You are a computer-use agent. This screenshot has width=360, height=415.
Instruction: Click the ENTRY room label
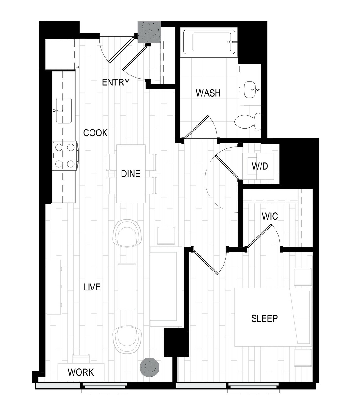coord(116,82)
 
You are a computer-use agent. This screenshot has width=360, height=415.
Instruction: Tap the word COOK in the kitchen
coord(95,133)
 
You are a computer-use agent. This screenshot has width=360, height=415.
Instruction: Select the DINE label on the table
coord(131,174)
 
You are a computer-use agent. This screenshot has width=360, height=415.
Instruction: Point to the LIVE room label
coord(92,287)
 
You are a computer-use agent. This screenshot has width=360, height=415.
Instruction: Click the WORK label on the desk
coord(81,372)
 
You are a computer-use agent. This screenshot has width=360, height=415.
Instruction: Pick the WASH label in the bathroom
coord(208,93)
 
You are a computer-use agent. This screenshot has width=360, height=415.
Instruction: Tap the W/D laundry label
coord(260,166)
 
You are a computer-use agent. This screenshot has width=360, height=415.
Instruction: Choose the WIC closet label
coord(270,216)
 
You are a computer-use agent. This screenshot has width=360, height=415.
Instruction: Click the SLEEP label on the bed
coord(265,318)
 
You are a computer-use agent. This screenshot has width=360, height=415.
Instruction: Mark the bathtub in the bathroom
coord(209,42)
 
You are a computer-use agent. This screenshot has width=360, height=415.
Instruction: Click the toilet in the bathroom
coord(248,121)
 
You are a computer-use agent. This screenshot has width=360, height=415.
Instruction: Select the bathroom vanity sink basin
coord(251,89)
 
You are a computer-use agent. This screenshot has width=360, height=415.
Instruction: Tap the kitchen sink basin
coord(64,110)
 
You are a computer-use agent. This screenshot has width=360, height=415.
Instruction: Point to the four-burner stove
coord(65,156)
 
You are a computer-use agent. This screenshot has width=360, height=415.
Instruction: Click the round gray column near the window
coord(150,367)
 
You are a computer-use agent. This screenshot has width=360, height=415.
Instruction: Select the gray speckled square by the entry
coord(149,32)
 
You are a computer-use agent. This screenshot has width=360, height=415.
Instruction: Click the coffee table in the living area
coord(127,287)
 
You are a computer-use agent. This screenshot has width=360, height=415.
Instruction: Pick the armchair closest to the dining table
coord(127,233)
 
